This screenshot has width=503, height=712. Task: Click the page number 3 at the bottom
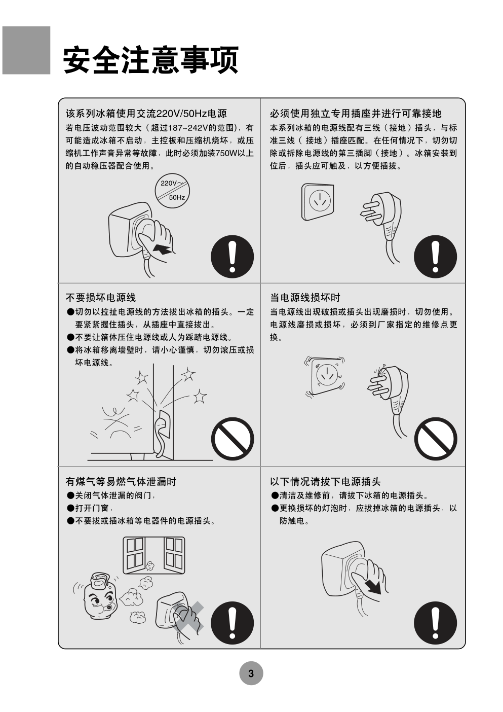tap(251, 673)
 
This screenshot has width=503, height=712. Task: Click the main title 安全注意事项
tap(150, 60)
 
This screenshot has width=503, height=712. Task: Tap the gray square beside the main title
tap(26, 50)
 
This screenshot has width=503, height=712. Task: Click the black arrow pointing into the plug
tap(164, 249)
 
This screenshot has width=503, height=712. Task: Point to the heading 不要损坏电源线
tap(101, 298)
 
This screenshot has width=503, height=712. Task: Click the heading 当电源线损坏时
tap(305, 298)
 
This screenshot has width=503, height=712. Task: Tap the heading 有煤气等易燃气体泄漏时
tap(121, 482)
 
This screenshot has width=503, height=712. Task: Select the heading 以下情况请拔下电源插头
tap(325, 482)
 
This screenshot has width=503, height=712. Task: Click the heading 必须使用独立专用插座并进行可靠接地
tap(356, 114)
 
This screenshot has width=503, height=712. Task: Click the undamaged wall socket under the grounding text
tap(318, 201)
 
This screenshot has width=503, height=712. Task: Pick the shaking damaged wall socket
tap(325, 376)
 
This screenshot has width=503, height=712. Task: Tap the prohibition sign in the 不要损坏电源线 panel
tap(233, 439)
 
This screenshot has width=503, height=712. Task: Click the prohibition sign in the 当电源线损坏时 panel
tap(436, 439)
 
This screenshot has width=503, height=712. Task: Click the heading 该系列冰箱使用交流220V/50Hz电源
tap(146, 114)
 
